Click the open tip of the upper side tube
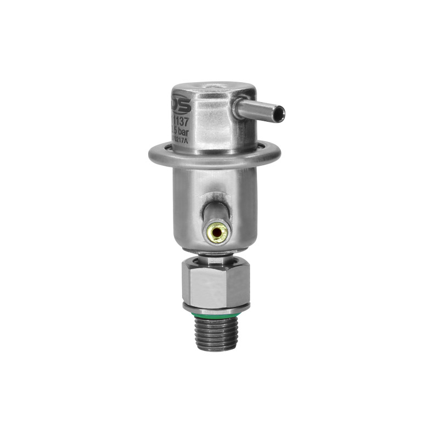point(280,114)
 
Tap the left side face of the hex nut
point(186,283)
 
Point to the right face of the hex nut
point(241,283)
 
